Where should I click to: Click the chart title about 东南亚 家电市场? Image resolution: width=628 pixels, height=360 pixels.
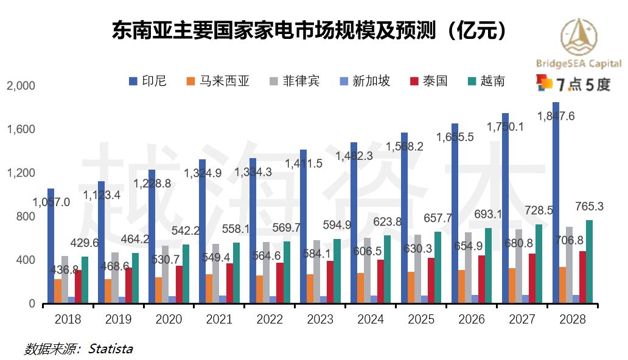[x=310, y=30]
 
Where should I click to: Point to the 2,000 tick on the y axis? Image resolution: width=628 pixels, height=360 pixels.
[x=21, y=86]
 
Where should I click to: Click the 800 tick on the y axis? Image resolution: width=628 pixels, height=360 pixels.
[x=26, y=217]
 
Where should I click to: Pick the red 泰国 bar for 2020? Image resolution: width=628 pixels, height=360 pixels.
[x=179, y=284]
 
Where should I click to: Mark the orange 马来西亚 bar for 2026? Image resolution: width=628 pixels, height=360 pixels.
[x=461, y=286]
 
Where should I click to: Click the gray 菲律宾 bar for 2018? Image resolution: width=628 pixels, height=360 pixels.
[x=65, y=279]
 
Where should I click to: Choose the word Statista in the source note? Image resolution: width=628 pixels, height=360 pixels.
[x=110, y=349]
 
